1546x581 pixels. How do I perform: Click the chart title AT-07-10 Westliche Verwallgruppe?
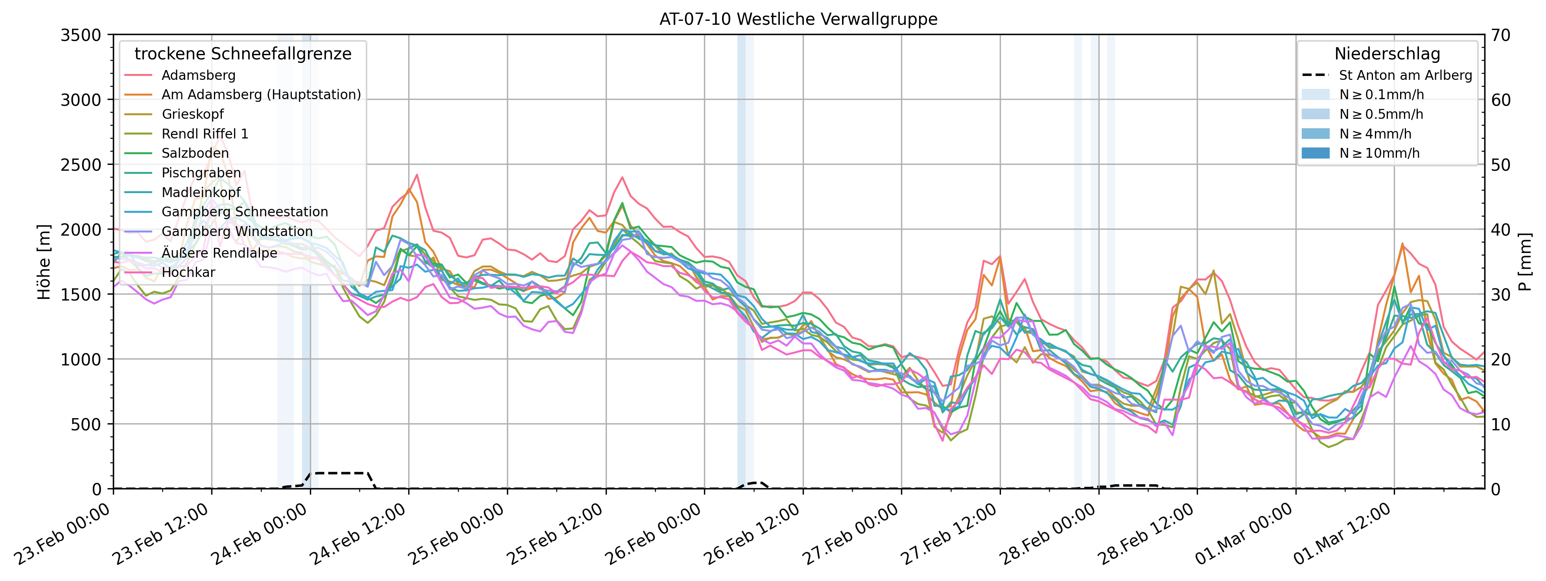pyautogui.click(x=798, y=19)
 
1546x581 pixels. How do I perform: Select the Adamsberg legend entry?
pyautogui.click(x=198, y=75)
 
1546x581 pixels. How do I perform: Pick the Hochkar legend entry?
pyautogui.click(x=188, y=272)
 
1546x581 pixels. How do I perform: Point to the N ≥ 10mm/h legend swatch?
pyautogui.click(x=1316, y=153)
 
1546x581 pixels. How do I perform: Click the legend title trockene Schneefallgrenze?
pyautogui.click(x=243, y=54)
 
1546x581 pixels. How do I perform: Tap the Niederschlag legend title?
pyautogui.click(x=1387, y=54)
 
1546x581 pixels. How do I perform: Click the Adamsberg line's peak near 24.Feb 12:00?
pyautogui.click(x=416, y=175)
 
